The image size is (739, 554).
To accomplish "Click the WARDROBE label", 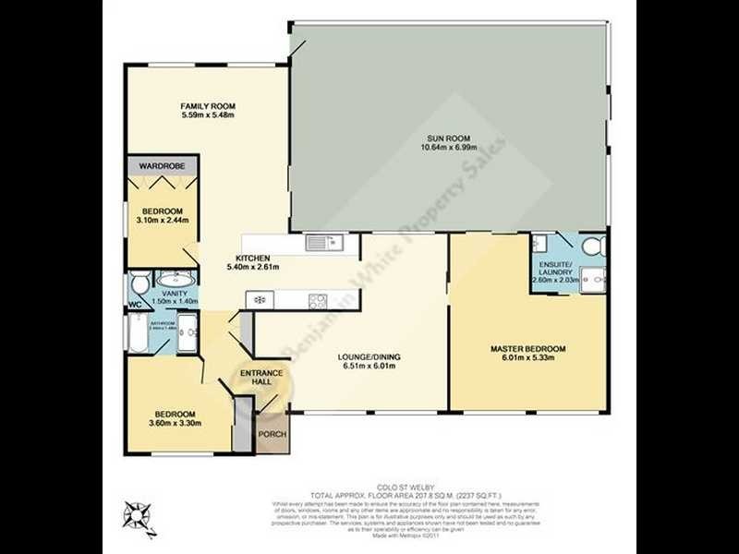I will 162,165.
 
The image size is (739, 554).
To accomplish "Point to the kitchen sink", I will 324,244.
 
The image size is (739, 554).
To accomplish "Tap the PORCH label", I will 271,433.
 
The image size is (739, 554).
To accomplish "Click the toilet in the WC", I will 139,282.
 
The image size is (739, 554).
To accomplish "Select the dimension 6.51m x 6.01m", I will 369,366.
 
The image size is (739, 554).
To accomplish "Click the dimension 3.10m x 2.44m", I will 162,221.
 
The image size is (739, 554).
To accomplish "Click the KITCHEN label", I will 252,258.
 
